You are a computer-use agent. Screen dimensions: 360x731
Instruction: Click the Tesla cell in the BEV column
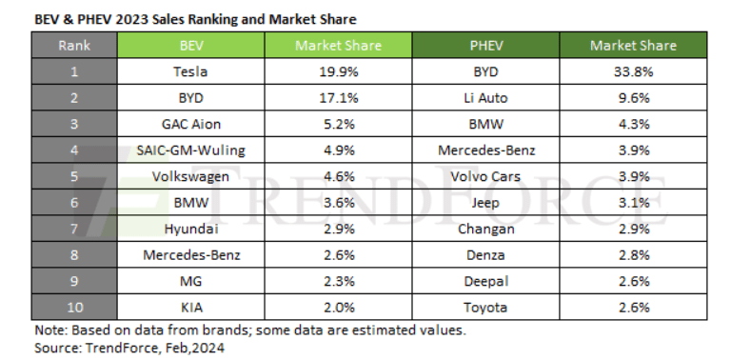[x=190, y=70]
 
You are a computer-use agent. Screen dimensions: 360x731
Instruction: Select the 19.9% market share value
[x=338, y=70]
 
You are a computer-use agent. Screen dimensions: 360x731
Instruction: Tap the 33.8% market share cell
[x=633, y=70]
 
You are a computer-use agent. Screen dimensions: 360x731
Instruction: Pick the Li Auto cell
[x=485, y=96]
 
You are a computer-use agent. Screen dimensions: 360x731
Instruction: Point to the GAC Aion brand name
[x=190, y=123]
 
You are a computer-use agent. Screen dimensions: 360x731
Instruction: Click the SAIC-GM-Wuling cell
[x=190, y=150]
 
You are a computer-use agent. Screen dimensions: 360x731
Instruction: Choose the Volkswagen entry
[x=190, y=176]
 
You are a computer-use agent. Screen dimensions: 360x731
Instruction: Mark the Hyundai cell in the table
[x=190, y=230]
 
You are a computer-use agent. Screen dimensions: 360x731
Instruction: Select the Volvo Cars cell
[x=485, y=176]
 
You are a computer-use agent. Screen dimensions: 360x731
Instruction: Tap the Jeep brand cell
[x=485, y=203]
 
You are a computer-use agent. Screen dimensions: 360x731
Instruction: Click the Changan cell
[x=485, y=230]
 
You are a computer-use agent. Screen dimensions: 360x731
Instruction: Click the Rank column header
[x=73, y=45]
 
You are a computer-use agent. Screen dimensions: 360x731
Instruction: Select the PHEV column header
[x=485, y=45]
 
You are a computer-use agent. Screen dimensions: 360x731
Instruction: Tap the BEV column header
[x=190, y=45]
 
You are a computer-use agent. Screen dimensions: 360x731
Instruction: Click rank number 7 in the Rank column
[x=73, y=230]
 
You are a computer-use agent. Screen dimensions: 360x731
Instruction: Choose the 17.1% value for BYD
[x=338, y=96]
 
